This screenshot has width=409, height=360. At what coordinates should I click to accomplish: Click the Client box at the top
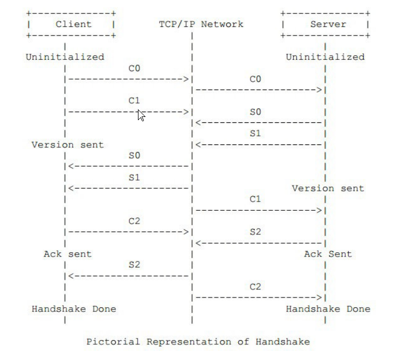[x=71, y=24]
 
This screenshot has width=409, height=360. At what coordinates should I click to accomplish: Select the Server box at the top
[x=325, y=24]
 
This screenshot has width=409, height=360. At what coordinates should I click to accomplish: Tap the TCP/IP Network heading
[x=201, y=24]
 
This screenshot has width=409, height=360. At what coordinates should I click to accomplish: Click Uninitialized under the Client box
[x=65, y=57]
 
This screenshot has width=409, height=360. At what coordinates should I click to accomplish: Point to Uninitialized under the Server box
[x=325, y=57]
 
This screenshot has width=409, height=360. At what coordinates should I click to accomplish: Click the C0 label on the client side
[x=134, y=68]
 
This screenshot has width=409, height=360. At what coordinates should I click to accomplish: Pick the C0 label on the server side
[x=255, y=79]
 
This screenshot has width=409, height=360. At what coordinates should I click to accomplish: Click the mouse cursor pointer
[x=140, y=115]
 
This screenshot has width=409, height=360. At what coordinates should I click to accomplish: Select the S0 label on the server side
[x=255, y=112]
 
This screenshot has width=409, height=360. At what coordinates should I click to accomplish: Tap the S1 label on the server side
[x=255, y=134]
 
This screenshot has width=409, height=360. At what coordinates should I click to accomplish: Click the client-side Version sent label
[x=67, y=144]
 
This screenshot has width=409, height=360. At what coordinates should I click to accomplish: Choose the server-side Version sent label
[x=328, y=188]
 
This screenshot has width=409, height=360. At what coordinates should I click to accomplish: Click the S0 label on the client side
[x=134, y=155]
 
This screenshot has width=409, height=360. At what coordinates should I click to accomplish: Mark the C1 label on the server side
[x=255, y=199]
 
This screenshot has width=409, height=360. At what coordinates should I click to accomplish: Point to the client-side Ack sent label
[x=67, y=254]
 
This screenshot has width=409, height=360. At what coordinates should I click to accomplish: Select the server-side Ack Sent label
[x=328, y=254]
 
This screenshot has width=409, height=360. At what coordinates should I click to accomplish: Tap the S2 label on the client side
[x=134, y=265]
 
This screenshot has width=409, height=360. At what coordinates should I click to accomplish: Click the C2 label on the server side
[x=255, y=287]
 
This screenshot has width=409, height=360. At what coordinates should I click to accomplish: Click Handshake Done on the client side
[x=73, y=309]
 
